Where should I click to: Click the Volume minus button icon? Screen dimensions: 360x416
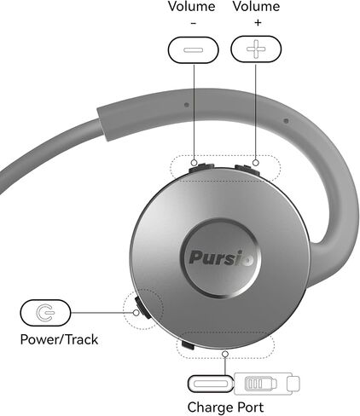(x=194, y=49)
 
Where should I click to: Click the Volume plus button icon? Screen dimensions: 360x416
(x=256, y=49)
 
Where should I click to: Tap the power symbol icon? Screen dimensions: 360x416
(x=45, y=313)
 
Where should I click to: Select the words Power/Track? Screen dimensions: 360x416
(x=59, y=339)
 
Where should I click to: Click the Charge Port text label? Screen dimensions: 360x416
(x=225, y=407)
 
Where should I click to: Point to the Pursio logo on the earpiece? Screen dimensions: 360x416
(x=221, y=257)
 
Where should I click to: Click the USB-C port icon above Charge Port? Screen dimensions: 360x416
(x=211, y=384)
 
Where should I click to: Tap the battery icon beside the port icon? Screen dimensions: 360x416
(x=261, y=384)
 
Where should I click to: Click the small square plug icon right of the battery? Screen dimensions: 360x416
(x=293, y=384)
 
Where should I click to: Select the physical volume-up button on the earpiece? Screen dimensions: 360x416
(x=247, y=169)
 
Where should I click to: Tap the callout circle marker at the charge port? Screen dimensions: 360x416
(x=225, y=354)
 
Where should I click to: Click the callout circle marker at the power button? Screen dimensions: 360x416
(x=136, y=313)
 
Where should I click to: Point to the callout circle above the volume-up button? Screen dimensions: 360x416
(x=256, y=163)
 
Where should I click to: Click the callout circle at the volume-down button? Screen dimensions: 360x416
(x=195, y=163)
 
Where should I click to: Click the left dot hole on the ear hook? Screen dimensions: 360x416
(x=187, y=105)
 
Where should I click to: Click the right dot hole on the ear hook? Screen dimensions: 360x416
(x=287, y=121)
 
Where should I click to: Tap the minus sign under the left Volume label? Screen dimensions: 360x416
(x=194, y=23)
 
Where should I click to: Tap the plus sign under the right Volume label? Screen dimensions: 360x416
(x=258, y=22)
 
